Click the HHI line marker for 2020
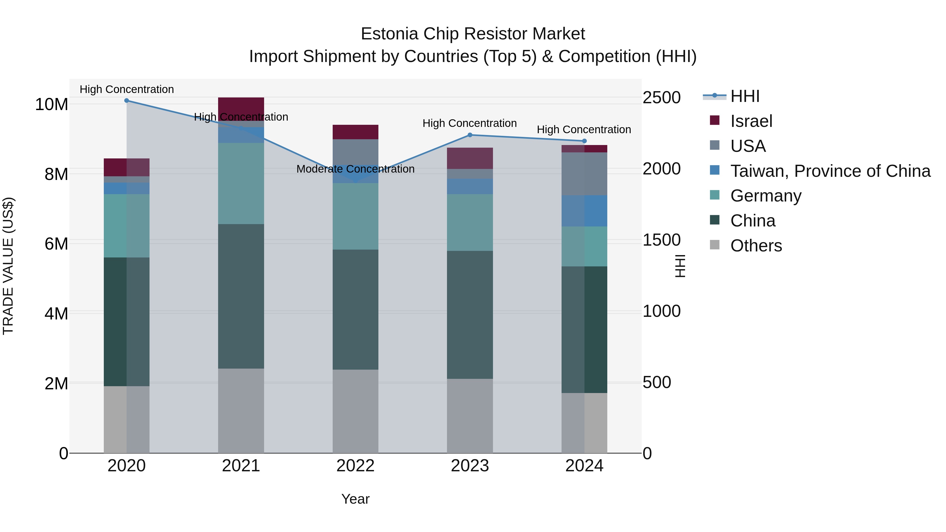[x=127, y=101]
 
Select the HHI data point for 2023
[x=470, y=135]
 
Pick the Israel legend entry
[x=751, y=121]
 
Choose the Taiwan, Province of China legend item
[x=830, y=171]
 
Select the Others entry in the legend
[x=756, y=246]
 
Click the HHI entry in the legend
[x=745, y=96]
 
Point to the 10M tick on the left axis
[x=52, y=105]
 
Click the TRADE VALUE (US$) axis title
[x=8, y=266]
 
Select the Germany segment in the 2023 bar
[x=470, y=223]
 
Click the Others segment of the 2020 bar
[x=127, y=419]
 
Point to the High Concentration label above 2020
[x=127, y=89]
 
